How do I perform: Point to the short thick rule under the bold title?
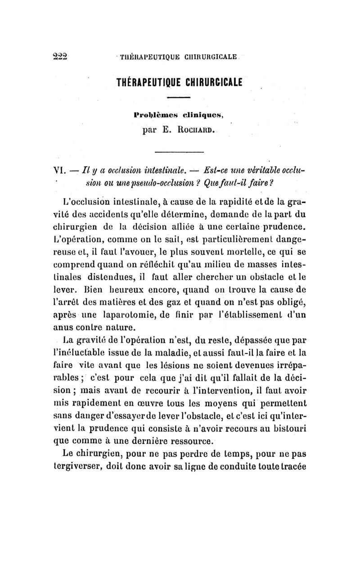coord(180,97)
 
